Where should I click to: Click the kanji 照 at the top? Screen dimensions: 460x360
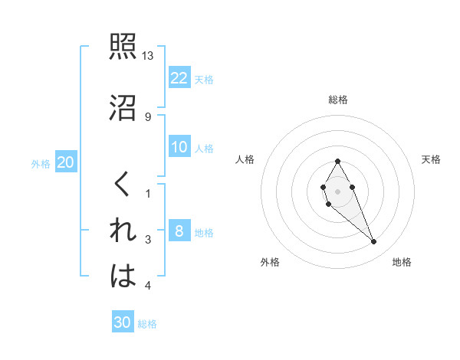click(123, 47)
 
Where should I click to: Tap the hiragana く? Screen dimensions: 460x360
click(123, 185)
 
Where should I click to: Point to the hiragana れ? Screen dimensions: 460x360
click(123, 231)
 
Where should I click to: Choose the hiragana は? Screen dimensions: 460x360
click(123, 276)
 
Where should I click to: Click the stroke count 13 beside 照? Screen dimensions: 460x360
click(148, 56)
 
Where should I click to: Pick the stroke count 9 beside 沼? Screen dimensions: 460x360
click(148, 116)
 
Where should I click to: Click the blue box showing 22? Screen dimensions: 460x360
click(179, 77)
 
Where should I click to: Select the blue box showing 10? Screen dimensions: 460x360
click(179, 147)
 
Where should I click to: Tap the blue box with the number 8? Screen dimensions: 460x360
click(179, 231)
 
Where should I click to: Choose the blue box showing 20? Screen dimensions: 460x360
click(66, 162)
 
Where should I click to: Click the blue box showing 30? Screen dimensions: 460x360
click(123, 322)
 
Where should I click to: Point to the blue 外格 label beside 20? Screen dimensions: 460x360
click(41, 163)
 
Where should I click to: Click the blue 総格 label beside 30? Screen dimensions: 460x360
click(147, 324)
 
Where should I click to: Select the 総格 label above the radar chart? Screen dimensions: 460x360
click(337, 100)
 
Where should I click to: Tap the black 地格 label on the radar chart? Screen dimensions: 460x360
click(402, 263)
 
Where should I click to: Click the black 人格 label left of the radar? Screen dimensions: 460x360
click(245, 159)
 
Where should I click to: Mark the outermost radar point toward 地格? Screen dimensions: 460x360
click(373, 242)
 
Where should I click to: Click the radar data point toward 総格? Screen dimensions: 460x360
click(337, 161)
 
